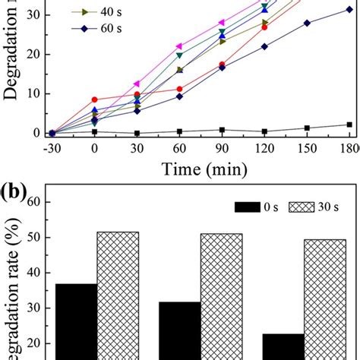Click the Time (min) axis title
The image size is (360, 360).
click(200, 172)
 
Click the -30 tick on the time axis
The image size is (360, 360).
click(52, 148)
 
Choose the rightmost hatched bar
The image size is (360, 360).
click(325, 300)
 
